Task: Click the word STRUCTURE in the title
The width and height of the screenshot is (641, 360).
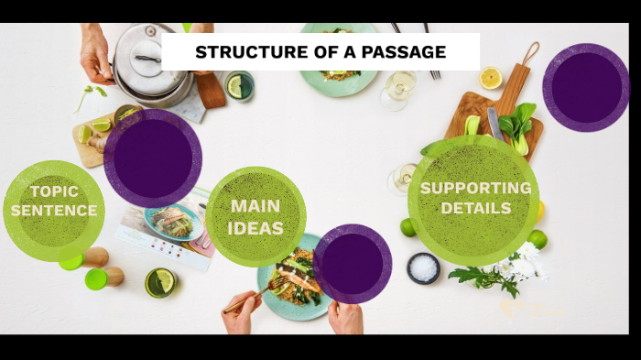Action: coord(241,52)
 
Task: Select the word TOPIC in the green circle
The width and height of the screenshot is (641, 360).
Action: coord(54,191)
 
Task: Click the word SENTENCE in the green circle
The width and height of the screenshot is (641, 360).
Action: coord(54,211)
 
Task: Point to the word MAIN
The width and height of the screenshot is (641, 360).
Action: coord(255,206)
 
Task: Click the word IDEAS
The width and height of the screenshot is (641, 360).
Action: coord(255,228)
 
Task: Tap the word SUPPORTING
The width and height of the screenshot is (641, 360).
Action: coord(475,188)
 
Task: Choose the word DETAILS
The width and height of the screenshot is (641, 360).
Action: coord(475,209)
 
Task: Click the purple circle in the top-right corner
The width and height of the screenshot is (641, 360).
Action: coord(585,87)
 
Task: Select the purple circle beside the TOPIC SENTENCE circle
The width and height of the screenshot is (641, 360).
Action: coord(153,158)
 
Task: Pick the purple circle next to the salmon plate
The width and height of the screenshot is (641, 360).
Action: coord(353,264)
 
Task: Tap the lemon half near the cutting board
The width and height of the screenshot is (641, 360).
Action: coord(491,77)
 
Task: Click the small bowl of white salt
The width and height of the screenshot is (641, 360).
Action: coord(423,268)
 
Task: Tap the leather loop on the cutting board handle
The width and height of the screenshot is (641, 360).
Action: coord(531,51)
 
